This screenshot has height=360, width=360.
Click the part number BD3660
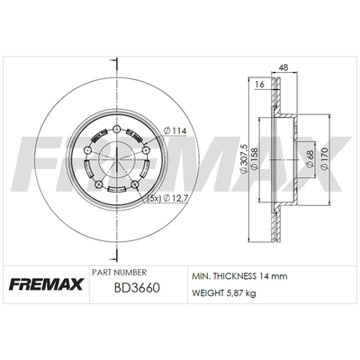click(x=137, y=288)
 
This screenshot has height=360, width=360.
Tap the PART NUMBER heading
click(x=120, y=272)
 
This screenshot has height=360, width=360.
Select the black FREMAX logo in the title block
click(x=46, y=284)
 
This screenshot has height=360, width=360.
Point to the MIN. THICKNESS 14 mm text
click(x=239, y=275)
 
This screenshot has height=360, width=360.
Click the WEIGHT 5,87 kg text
click(x=224, y=292)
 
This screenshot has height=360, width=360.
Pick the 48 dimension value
click(x=283, y=67)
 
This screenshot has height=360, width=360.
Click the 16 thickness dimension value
click(x=259, y=85)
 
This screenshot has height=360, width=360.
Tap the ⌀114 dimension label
click(x=175, y=130)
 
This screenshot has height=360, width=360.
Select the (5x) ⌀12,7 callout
click(x=168, y=198)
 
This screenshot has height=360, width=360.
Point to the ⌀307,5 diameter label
click(x=244, y=158)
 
